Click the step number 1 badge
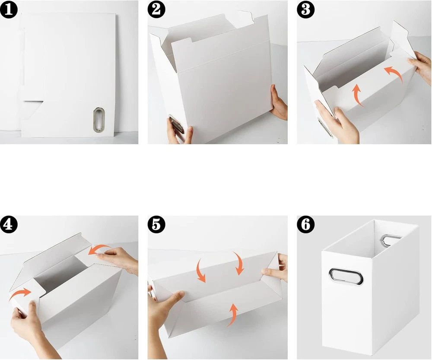coord(9,10)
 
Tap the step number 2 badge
coord(156,10)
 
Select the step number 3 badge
coord(305,10)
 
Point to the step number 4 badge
coord(9,224)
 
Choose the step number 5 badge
coord(156,224)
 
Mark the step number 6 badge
coord(305,224)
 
